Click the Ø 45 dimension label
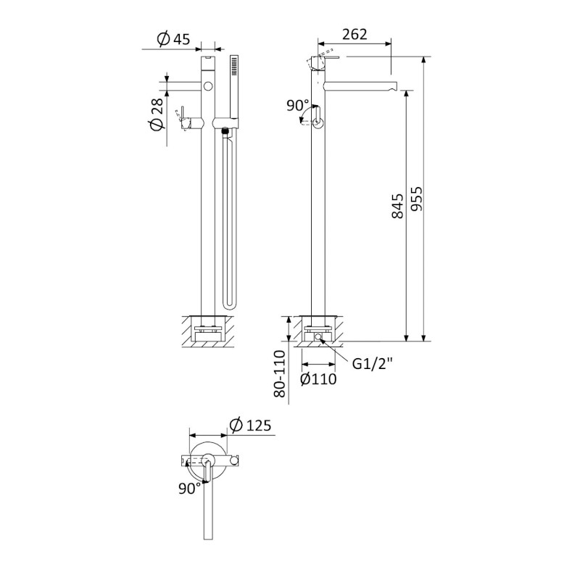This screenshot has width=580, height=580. coord(173,39)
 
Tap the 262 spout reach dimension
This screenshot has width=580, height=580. coord(355,34)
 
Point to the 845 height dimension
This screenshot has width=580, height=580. coord(397,206)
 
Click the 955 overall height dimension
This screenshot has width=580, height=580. coord(416,198)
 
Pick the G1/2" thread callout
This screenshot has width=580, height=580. coord(372,364)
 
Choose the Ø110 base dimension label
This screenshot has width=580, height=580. coord(318,378)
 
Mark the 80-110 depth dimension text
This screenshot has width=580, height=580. coord(280,373)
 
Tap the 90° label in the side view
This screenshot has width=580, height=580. coord(298,106)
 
